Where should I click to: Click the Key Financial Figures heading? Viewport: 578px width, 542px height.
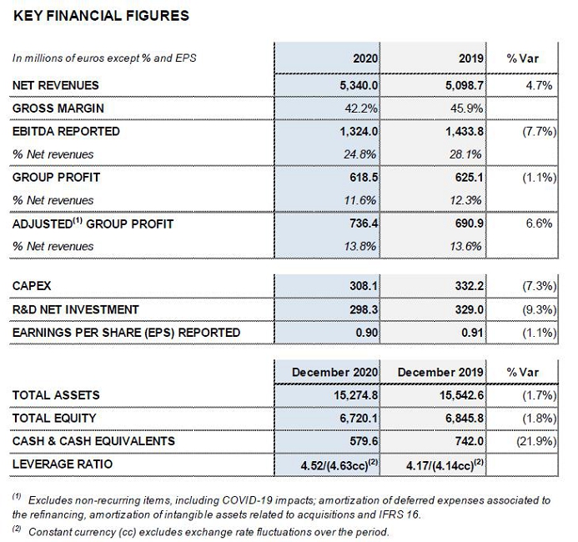click(101, 16)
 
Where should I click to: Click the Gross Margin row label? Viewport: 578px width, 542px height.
click(58, 108)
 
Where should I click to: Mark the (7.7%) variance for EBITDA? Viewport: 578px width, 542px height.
click(537, 131)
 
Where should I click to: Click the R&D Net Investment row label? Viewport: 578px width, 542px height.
click(75, 309)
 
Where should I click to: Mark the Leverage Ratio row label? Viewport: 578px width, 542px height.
click(63, 464)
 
